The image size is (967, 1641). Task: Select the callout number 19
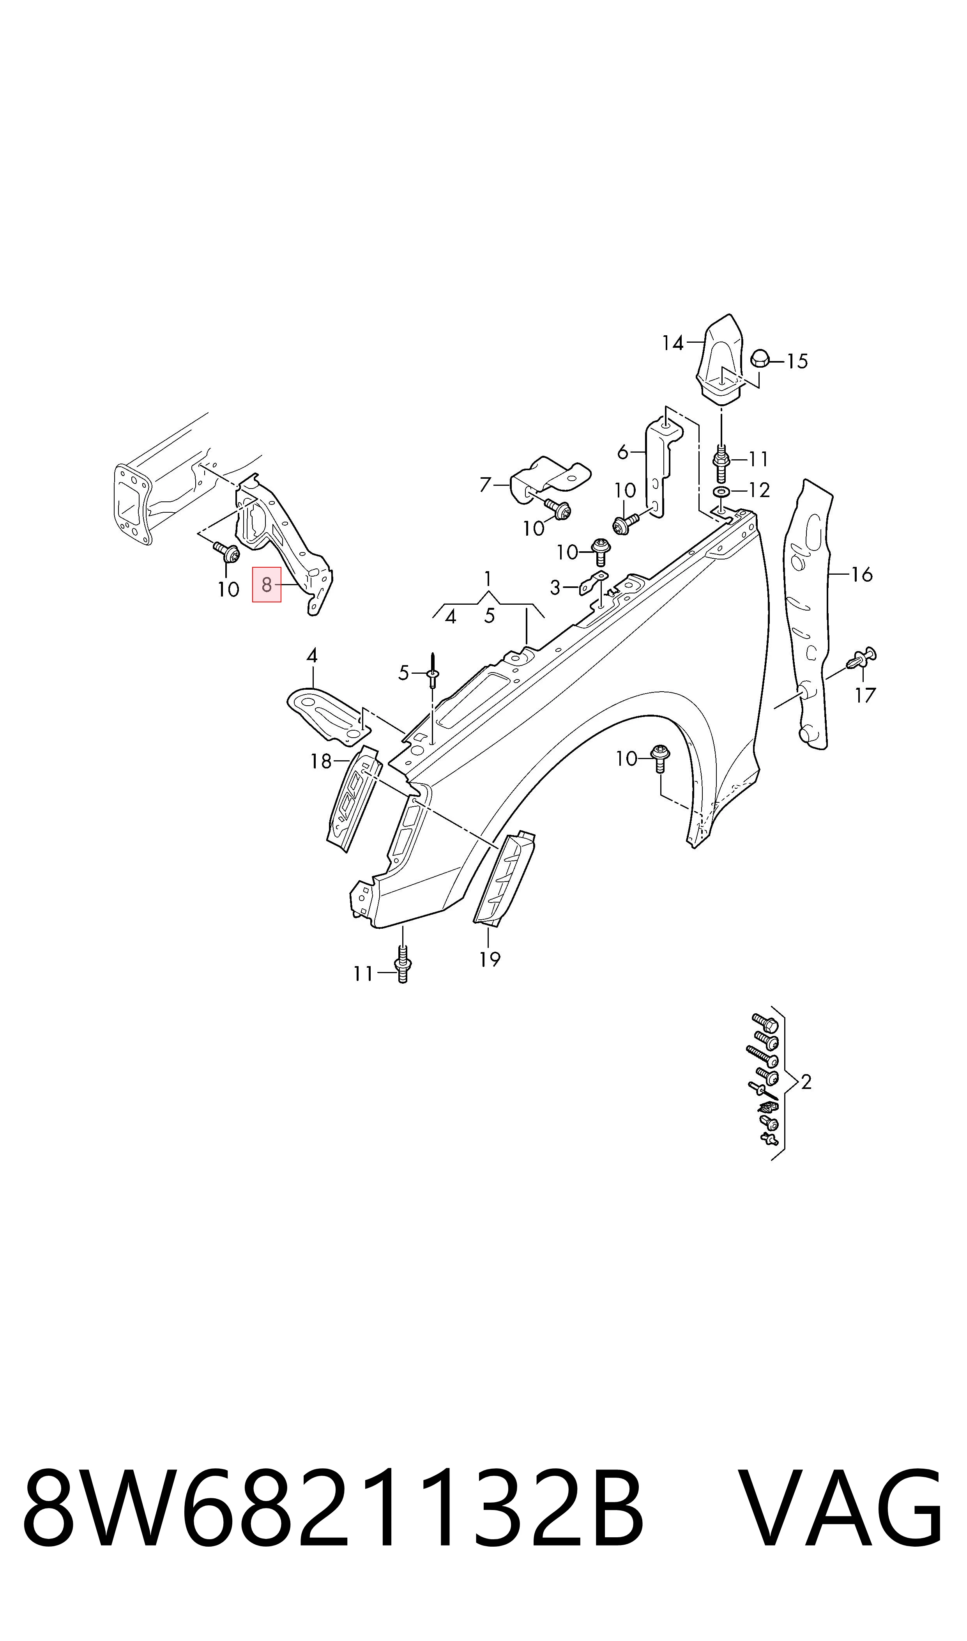pyautogui.click(x=490, y=959)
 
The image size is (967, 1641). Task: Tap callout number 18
pyautogui.click(x=321, y=761)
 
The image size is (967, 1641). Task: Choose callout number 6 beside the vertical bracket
pyautogui.click(x=623, y=451)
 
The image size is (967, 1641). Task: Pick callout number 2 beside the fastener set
pyautogui.click(x=806, y=1082)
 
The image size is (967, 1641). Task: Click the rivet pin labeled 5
pyautogui.click(x=433, y=670)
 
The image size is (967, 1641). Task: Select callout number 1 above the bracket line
pyautogui.click(x=488, y=578)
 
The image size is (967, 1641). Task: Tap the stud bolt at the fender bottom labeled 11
pyautogui.click(x=403, y=965)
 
